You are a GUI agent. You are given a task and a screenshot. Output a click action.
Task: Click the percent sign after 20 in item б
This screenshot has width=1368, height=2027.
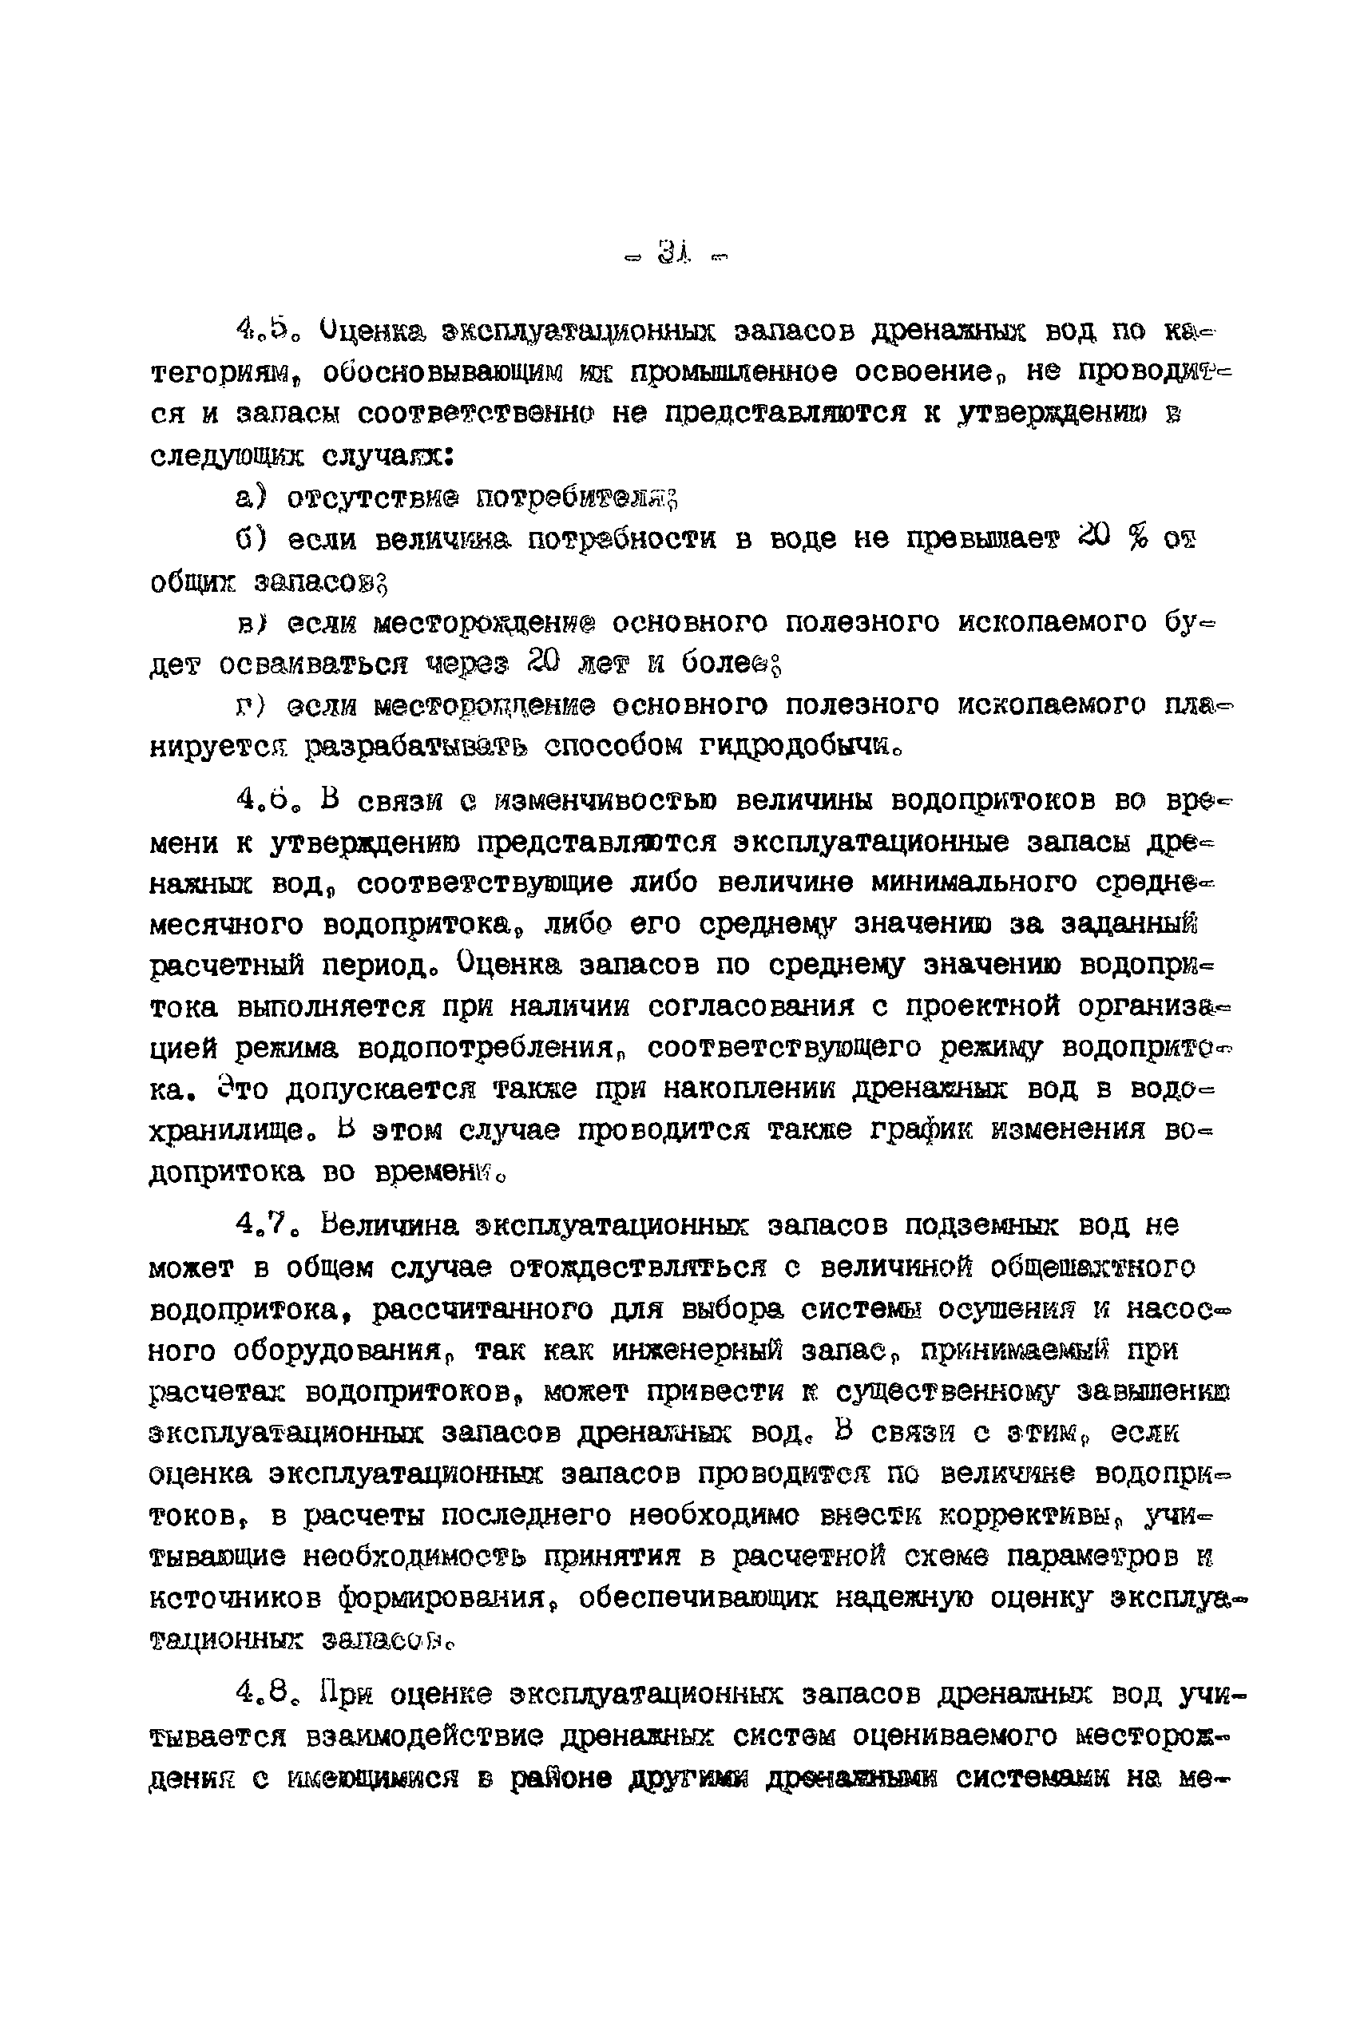coord(1135,539)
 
